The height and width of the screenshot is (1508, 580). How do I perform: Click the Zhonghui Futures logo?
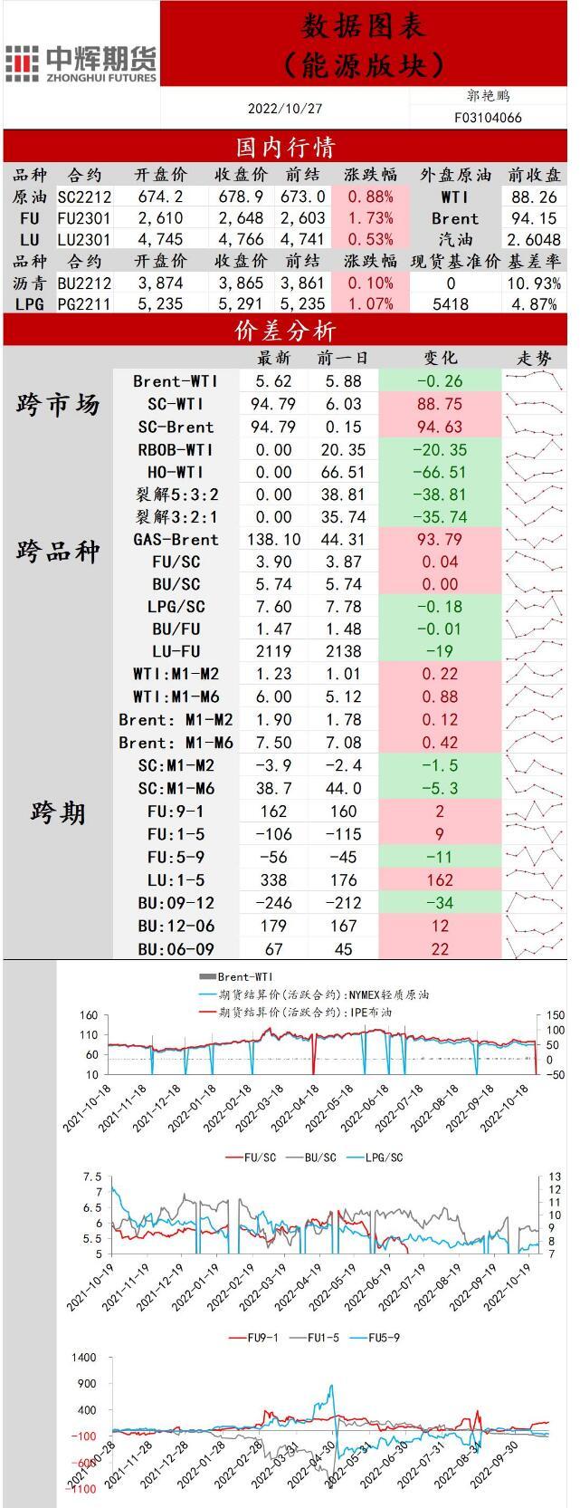click(x=81, y=63)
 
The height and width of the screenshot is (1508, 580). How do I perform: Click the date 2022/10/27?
click(x=285, y=109)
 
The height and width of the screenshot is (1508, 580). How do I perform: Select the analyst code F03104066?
click(x=488, y=118)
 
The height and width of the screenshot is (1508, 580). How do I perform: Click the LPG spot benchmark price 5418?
click(x=451, y=304)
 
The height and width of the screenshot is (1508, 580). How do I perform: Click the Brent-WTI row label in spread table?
click(x=176, y=382)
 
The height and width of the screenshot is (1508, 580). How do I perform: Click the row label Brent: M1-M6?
click(x=176, y=743)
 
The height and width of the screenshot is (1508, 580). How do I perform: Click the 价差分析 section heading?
click(x=285, y=332)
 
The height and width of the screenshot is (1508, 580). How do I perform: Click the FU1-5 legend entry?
click(x=322, y=1338)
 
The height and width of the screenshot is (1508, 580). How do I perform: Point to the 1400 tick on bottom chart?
click(x=83, y=1358)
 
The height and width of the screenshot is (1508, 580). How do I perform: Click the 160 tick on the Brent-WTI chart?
click(x=89, y=1015)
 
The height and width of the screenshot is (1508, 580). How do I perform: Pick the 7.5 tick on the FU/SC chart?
click(x=91, y=1177)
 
